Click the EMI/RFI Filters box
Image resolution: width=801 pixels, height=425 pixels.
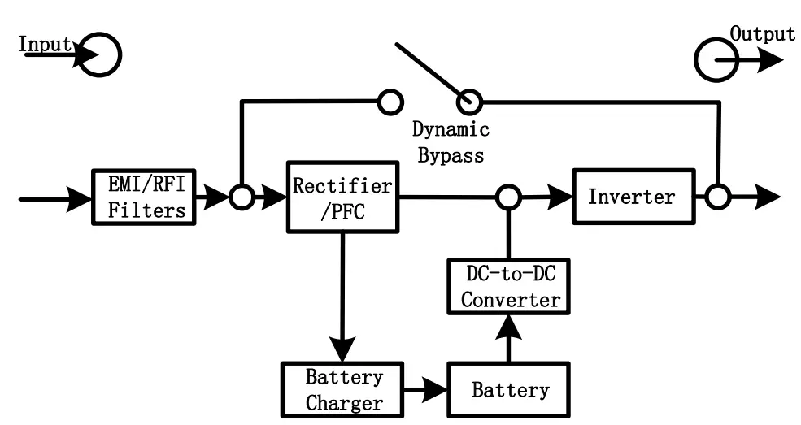[141, 197]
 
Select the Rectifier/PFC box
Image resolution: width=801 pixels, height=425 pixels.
[341, 196]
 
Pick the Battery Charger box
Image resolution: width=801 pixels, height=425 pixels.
[343, 389]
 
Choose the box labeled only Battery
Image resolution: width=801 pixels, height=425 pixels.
[510, 389]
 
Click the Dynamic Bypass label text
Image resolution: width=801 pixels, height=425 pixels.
[451, 142]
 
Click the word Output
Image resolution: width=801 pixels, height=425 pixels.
[762, 34]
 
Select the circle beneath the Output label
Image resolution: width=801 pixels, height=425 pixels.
[716, 60]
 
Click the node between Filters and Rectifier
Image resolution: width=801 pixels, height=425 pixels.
[241, 197]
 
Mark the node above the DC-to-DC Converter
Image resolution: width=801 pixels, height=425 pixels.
[509, 197]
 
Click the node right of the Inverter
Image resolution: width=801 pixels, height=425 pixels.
[716, 197]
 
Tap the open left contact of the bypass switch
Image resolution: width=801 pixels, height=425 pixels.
[390, 102]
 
